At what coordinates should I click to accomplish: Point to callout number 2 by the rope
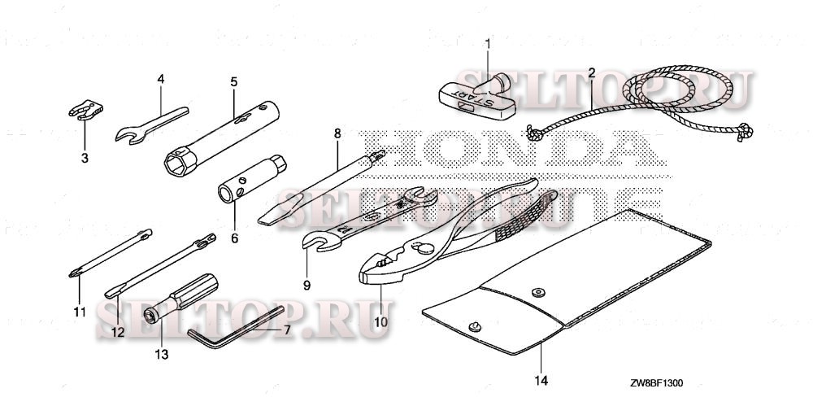click(591, 73)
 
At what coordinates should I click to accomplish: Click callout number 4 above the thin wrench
click(161, 79)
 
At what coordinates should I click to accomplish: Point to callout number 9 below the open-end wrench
click(307, 285)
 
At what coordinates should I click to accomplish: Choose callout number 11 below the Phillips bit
click(79, 312)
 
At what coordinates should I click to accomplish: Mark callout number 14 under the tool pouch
click(541, 380)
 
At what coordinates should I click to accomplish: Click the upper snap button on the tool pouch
click(537, 291)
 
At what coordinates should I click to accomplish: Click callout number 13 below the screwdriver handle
click(161, 354)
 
